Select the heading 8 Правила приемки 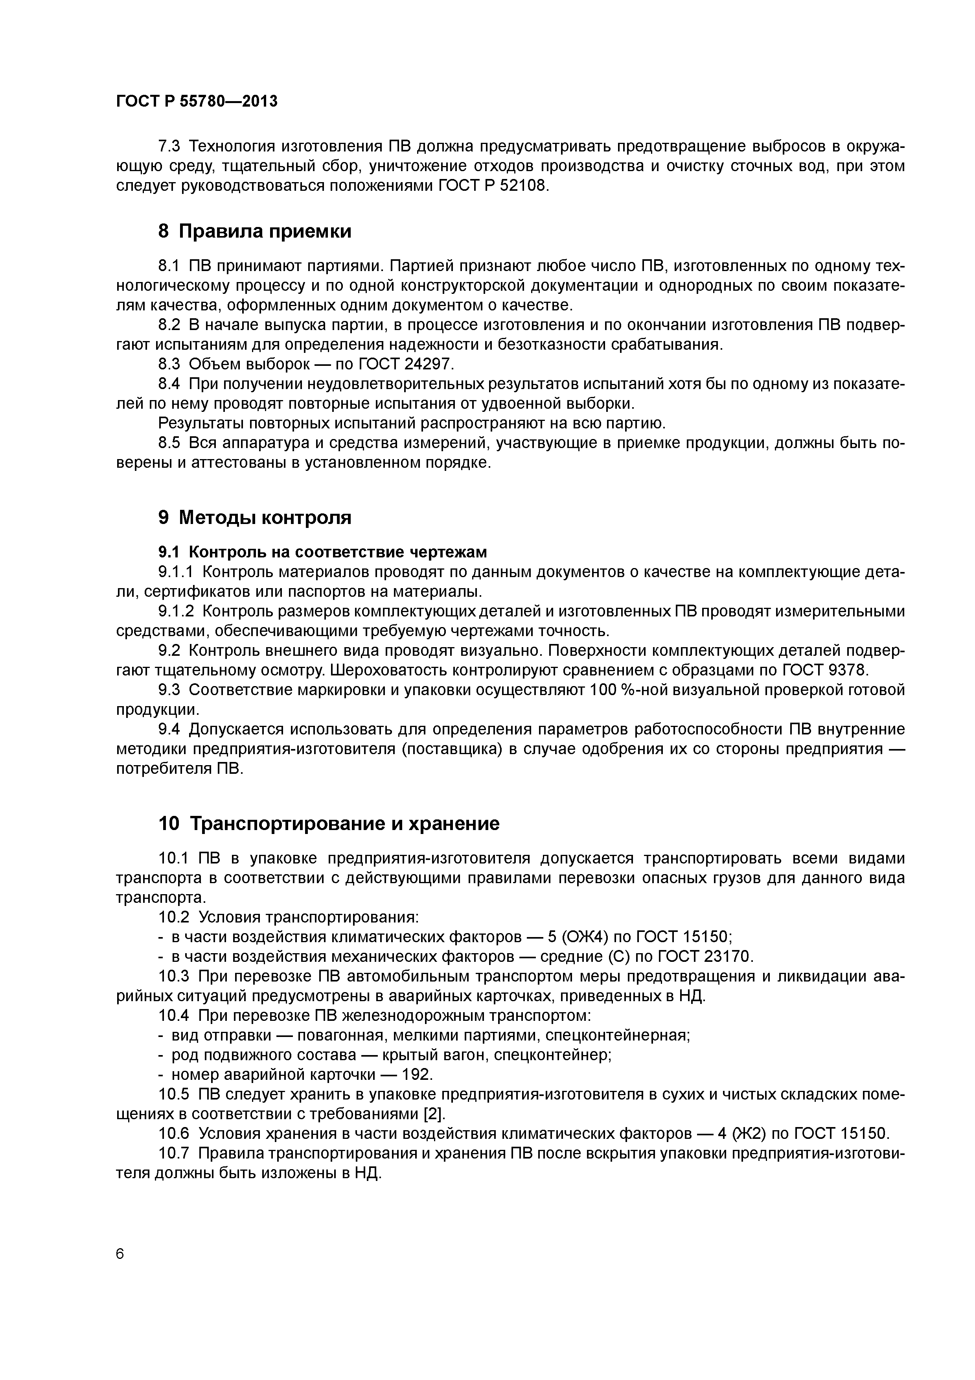click(255, 231)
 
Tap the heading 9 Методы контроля click(255, 517)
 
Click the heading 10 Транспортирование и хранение click(329, 823)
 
